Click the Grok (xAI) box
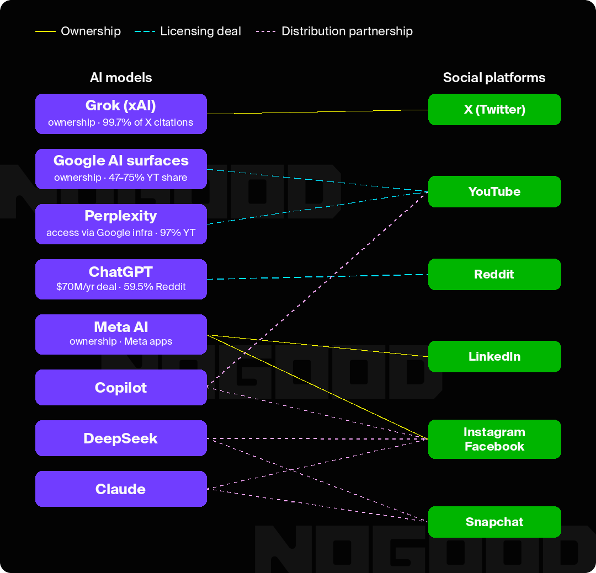(x=121, y=114)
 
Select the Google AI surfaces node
(x=121, y=169)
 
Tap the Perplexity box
(x=121, y=224)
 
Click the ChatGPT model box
(x=121, y=279)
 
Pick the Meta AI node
(x=121, y=334)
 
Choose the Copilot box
(x=121, y=387)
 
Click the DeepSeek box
(x=121, y=438)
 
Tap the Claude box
(x=121, y=489)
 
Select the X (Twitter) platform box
(x=494, y=109)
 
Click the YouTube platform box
(x=494, y=191)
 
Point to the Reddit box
(x=494, y=274)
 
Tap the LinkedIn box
(x=494, y=356)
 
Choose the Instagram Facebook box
(x=494, y=439)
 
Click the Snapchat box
(x=494, y=522)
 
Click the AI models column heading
(x=121, y=78)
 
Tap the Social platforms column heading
(x=494, y=78)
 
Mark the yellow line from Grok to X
(x=317, y=111)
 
